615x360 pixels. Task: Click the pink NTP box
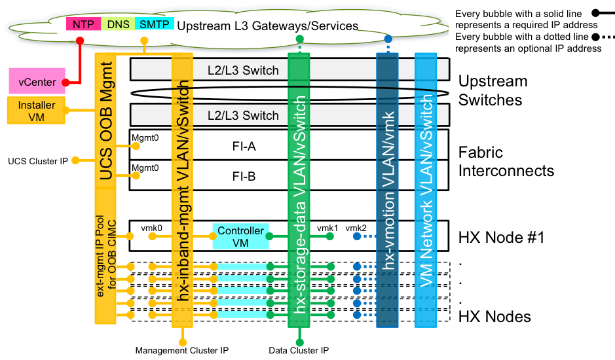coord(83,24)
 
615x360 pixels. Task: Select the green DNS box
coord(119,24)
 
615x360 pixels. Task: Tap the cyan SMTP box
coord(153,24)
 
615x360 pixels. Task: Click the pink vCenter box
coord(37,82)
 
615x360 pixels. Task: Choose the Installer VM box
coord(37,111)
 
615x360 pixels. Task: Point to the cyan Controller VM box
coord(240,236)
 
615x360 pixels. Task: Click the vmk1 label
coord(327,227)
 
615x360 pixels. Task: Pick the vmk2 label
coord(356,227)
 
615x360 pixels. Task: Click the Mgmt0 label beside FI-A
coord(145,138)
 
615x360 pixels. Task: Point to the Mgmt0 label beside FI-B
coord(145,168)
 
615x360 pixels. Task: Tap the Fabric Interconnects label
coord(506,162)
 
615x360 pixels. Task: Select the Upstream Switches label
coord(493,91)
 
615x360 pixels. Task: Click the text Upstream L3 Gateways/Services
coord(267,26)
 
